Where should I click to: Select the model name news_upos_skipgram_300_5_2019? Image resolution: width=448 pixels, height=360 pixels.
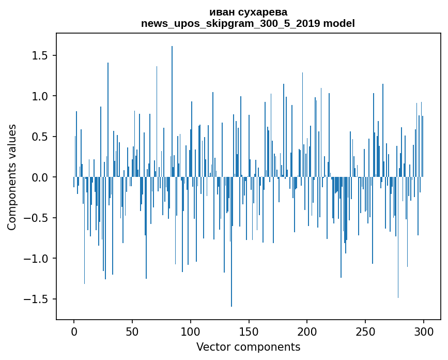coord(230,24)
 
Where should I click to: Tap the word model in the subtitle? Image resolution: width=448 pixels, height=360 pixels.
coord(339,23)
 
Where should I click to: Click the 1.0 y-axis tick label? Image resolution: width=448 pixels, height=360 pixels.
coord(40,96)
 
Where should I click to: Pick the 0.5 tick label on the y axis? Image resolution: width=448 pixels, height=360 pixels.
coord(40,137)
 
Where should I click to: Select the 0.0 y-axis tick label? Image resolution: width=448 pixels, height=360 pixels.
coord(40,177)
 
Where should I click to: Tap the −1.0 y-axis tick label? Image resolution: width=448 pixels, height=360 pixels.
coord(36,259)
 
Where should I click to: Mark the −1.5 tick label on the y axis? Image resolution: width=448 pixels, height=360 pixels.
coord(36,299)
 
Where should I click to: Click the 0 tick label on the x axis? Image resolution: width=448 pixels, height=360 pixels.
coord(74,332)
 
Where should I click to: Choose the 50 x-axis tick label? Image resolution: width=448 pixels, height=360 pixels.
coord(132,332)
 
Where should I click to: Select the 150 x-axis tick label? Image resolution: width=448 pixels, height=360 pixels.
coord(249,332)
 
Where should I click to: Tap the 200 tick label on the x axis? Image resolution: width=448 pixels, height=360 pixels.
coord(307,332)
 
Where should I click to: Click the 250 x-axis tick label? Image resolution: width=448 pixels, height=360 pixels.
coord(365,332)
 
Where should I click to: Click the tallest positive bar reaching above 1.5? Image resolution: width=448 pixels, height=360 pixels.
coord(172,112)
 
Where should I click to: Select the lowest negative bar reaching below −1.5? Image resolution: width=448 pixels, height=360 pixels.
coord(231,242)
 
